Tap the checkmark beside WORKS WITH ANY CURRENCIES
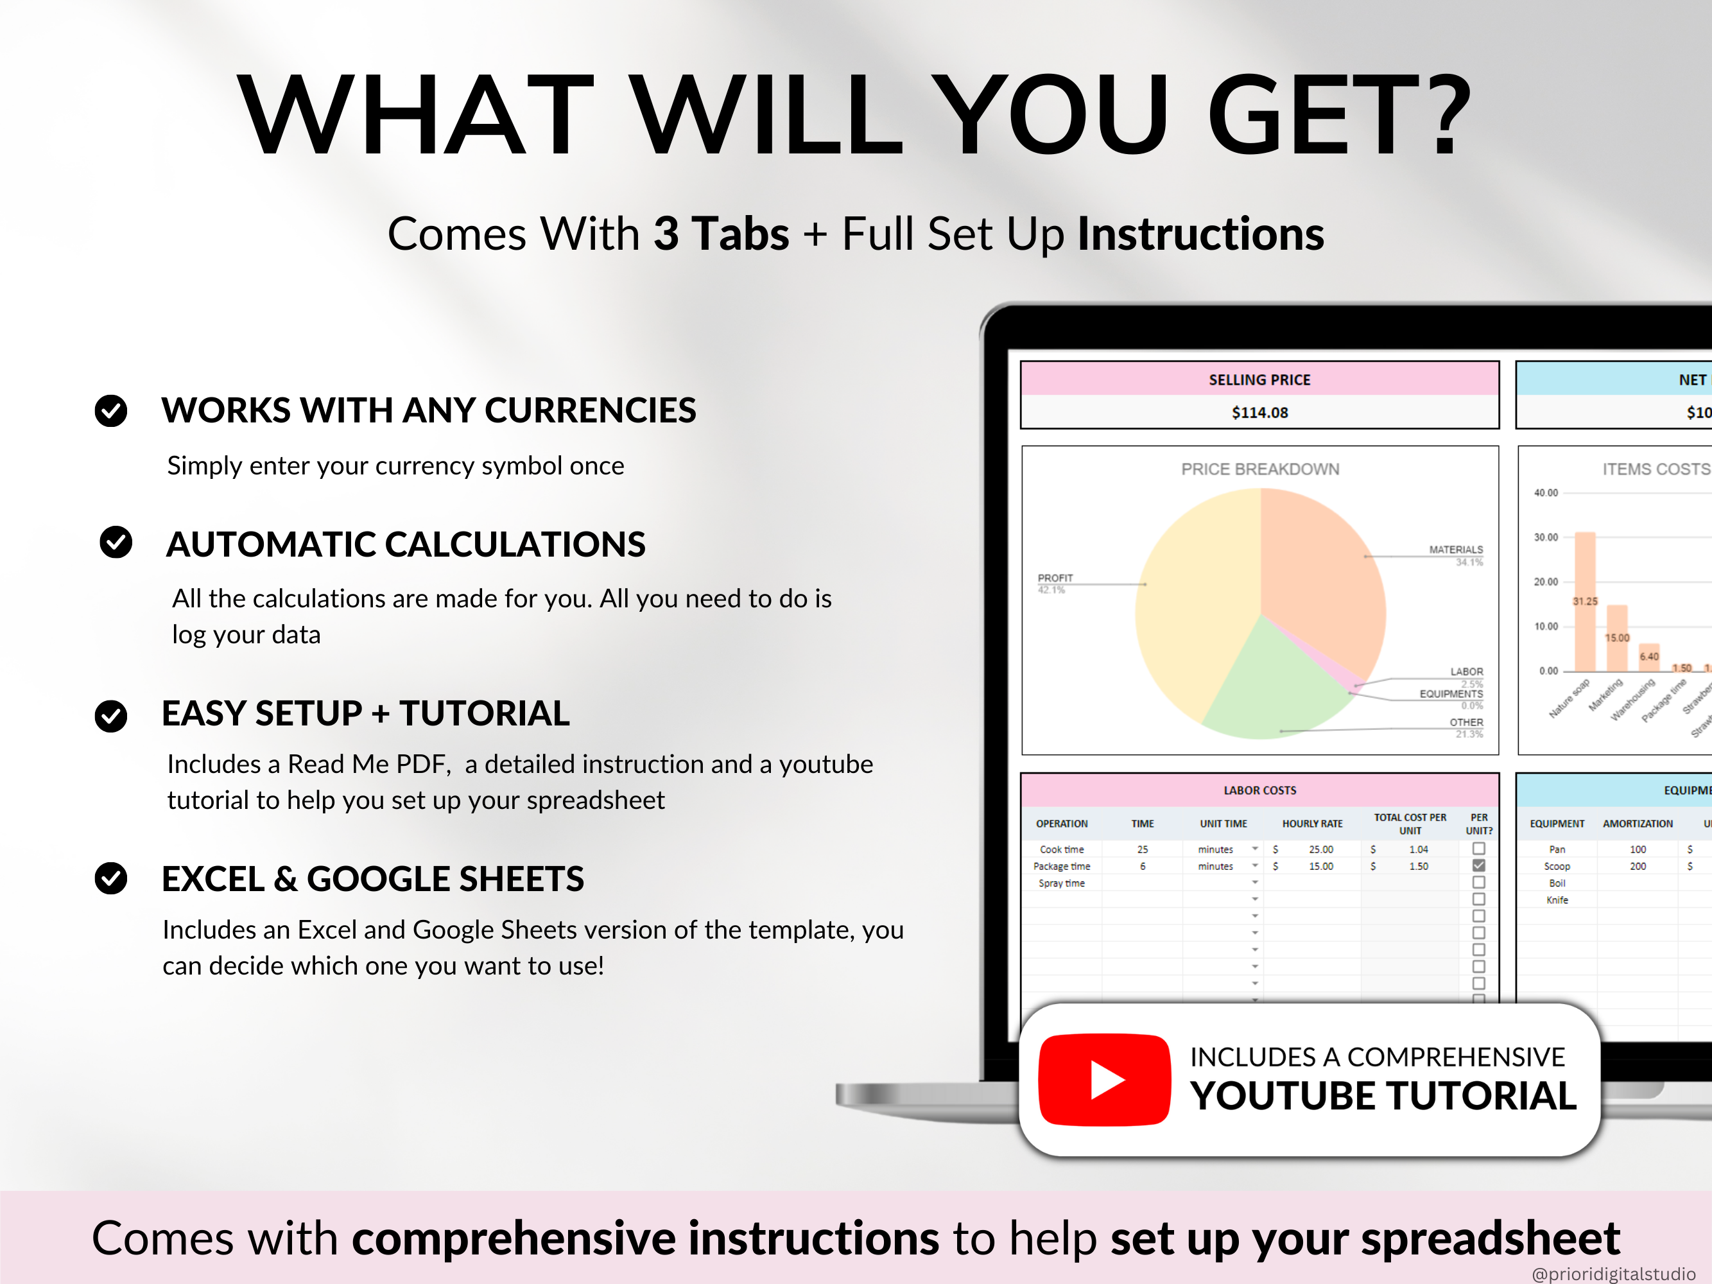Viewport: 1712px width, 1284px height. pos(110,410)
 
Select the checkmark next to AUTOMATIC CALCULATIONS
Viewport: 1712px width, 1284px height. pos(116,542)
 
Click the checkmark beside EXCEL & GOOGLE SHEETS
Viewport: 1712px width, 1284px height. pos(110,878)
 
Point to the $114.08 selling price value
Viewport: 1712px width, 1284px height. pos(1259,413)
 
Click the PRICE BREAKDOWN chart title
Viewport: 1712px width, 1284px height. pos(1259,469)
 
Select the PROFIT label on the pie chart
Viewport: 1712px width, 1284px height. pos(1055,578)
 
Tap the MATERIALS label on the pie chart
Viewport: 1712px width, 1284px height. pos(1455,550)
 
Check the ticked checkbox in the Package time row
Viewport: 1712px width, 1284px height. pos(1478,865)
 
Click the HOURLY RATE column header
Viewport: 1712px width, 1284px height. pos(1312,824)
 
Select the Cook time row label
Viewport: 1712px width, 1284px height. pos(1061,849)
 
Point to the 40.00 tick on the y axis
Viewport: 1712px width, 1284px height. pos(1546,493)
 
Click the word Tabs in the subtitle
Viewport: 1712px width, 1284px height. pos(740,234)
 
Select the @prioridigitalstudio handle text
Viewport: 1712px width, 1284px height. pos(1613,1273)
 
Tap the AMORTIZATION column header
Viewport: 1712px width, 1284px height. pos(1637,824)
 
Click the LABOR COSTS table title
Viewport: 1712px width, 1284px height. pos(1259,790)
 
